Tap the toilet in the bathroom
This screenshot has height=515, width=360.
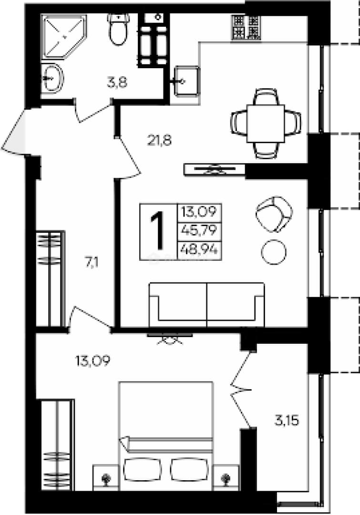point(118,30)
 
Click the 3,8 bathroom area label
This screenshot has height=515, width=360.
point(117,82)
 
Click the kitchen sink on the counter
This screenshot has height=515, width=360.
point(186,81)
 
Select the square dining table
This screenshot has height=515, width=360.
point(266,123)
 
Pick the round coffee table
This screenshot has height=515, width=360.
point(273,252)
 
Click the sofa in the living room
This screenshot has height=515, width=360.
point(206,305)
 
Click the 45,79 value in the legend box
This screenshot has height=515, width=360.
point(199,230)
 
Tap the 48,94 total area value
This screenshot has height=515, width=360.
point(199,250)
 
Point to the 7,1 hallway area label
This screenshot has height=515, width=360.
point(93,263)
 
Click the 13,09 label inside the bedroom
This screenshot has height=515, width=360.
point(93,361)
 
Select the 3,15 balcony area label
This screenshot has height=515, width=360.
point(287,421)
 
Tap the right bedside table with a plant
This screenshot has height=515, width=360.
point(226,477)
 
